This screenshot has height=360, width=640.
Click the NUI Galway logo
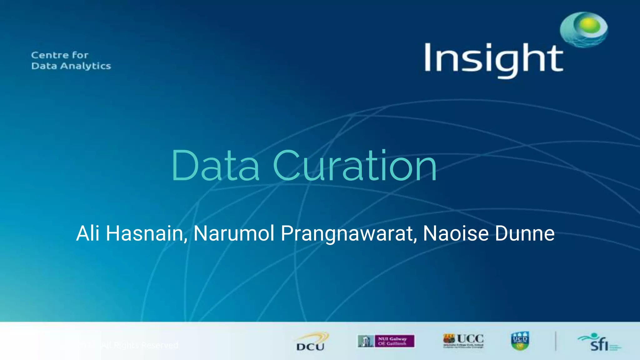(x=386, y=341)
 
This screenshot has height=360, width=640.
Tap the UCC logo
(x=463, y=340)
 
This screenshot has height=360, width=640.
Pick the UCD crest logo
(x=520, y=341)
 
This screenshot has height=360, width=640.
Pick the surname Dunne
(x=525, y=233)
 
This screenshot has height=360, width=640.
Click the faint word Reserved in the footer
(x=160, y=345)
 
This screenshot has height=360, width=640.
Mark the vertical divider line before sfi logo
(x=556, y=341)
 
